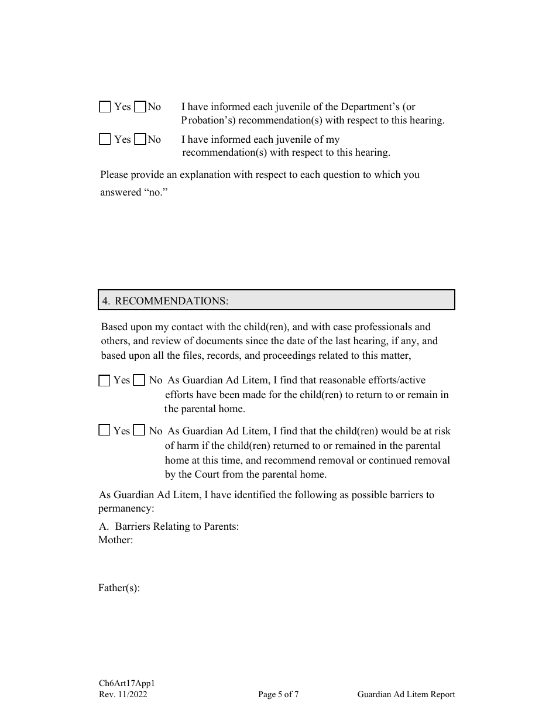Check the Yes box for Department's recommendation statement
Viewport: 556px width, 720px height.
pyautogui.click(x=105, y=107)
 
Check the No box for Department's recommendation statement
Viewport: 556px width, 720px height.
pyautogui.click(x=140, y=107)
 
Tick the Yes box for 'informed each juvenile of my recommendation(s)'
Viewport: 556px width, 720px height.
pyautogui.click(x=105, y=139)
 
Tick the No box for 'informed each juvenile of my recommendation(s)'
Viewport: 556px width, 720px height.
pyautogui.click(x=140, y=139)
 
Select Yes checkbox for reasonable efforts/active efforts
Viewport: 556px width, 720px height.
pyautogui.click(x=104, y=380)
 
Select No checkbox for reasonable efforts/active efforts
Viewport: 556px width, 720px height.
pyautogui.click(x=139, y=380)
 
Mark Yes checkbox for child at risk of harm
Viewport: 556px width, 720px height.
pyautogui.click(x=104, y=431)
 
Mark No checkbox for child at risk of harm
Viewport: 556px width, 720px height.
pyautogui.click(x=139, y=431)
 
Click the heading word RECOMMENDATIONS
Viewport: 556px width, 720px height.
pyautogui.click(x=171, y=301)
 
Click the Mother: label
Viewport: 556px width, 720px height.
pyautogui.click(x=115, y=540)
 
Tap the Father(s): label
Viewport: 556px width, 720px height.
pyautogui.click(x=119, y=588)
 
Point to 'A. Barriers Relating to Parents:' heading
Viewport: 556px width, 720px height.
pyautogui.click(x=169, y=526)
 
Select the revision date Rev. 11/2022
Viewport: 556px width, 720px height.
pyautogui.click(x=123, y=695)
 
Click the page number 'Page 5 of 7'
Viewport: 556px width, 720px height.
pyautogui.click(x=279, y=695)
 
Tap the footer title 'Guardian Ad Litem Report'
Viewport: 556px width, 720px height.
pyautogui.click(x=406, y=695)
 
